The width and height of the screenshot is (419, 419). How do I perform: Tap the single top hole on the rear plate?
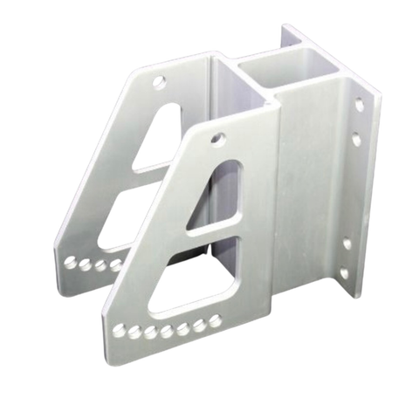click(159, 82)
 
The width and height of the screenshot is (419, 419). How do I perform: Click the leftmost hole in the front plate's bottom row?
click(119, 331)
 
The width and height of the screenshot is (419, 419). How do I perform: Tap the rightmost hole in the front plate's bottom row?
click(215, 320)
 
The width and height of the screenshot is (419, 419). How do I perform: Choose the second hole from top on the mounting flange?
click(356, 139)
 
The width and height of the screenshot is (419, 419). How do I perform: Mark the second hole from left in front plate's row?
click(134, 332)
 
